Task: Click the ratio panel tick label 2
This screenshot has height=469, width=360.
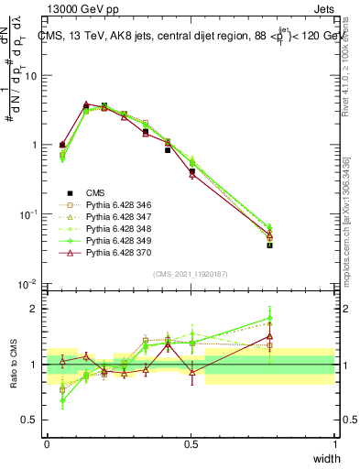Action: (35, 309)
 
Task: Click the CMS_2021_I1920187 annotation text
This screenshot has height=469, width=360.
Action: (190, 274)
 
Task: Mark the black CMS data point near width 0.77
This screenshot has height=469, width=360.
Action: (269, 245)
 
